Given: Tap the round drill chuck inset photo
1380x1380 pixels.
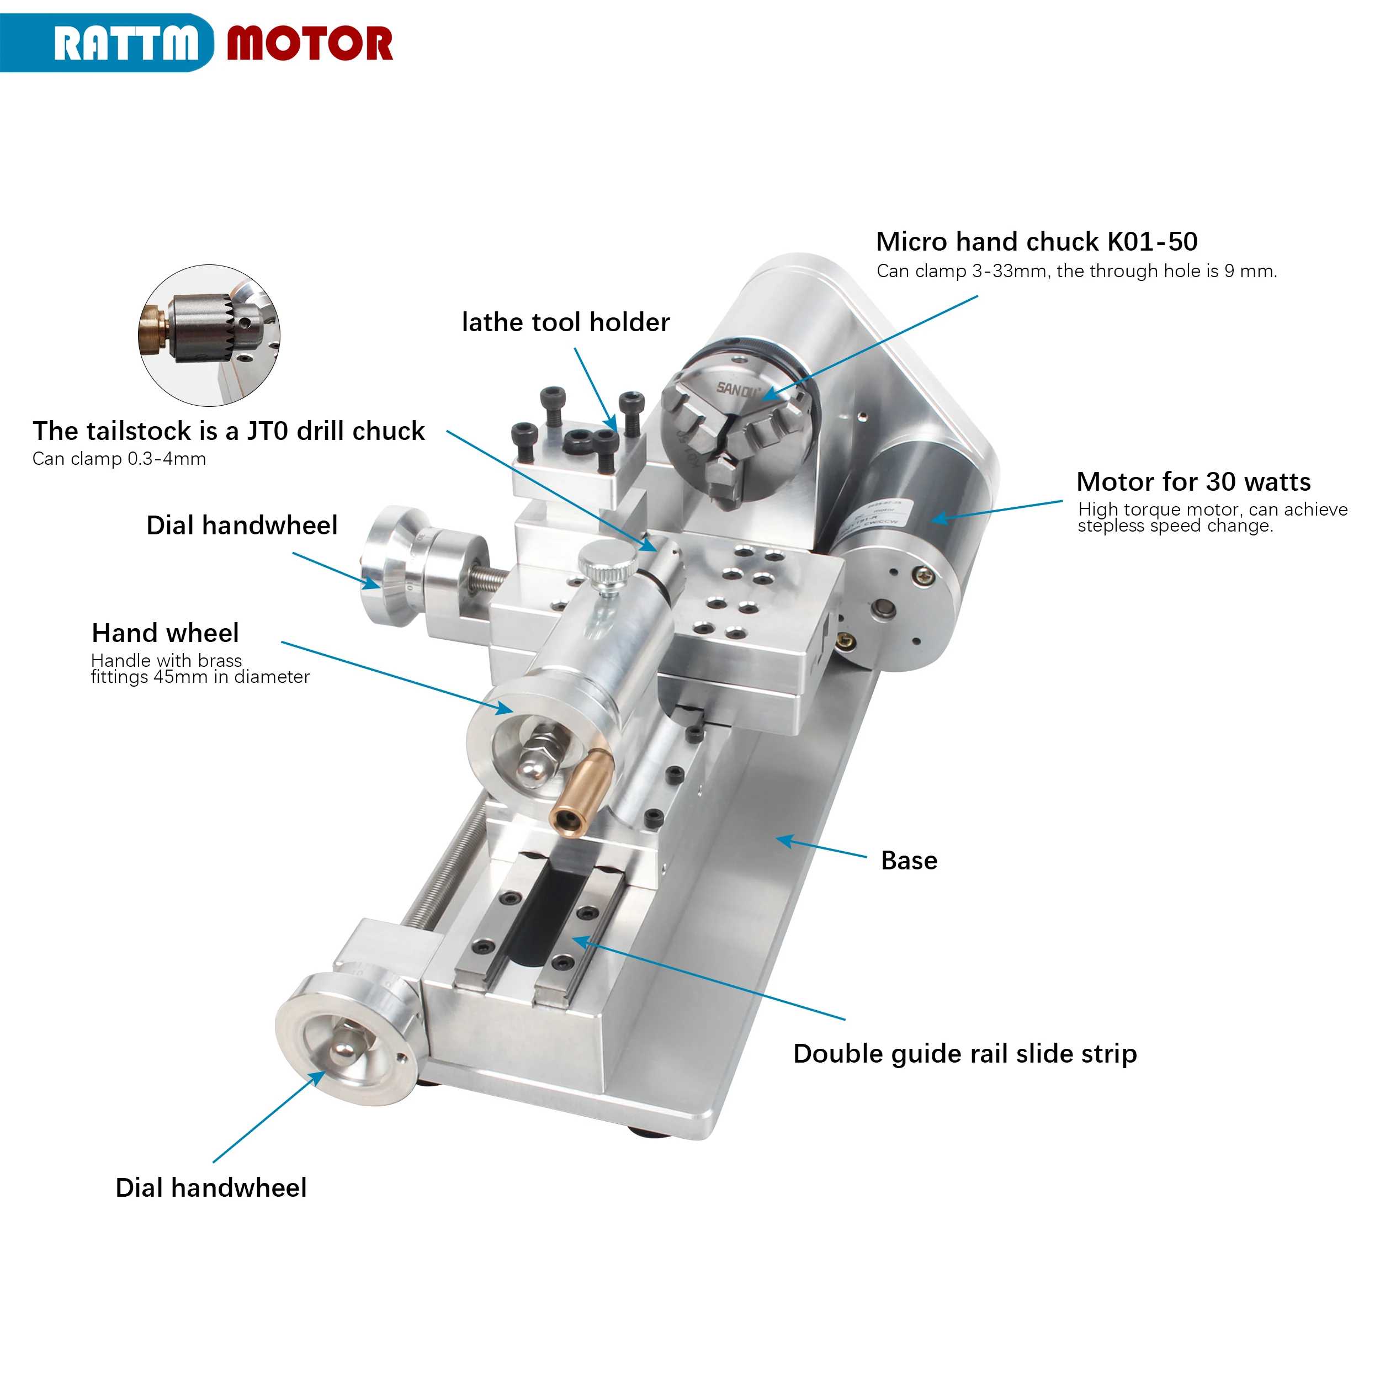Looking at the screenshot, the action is pos(209,336).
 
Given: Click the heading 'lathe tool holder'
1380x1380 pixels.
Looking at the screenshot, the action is pos(566,322).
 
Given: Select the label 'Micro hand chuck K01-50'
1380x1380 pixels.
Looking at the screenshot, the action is pos(1037,241).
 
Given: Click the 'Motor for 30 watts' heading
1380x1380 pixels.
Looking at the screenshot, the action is pos(1193,481).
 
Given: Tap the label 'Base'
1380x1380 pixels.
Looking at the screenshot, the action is pos(909,860).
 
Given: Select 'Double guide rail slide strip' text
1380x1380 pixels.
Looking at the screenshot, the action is pos(965,1054).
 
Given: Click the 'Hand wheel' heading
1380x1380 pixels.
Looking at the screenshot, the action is pos(165,633).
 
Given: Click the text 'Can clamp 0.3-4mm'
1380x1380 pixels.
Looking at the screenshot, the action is pos(119,459).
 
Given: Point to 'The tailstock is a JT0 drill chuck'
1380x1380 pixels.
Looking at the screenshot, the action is pos(229,431).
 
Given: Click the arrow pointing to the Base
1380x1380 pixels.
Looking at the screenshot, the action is pos(821,846).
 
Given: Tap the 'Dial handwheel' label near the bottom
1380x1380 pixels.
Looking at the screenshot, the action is pos(211,1187).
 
